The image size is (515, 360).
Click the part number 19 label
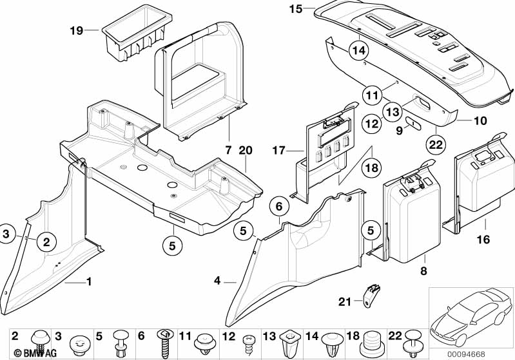pos(76,30)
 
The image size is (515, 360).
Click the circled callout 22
pos(436,144)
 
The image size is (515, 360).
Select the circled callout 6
pos(279,207)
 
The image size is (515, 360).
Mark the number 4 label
pos(218,281)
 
